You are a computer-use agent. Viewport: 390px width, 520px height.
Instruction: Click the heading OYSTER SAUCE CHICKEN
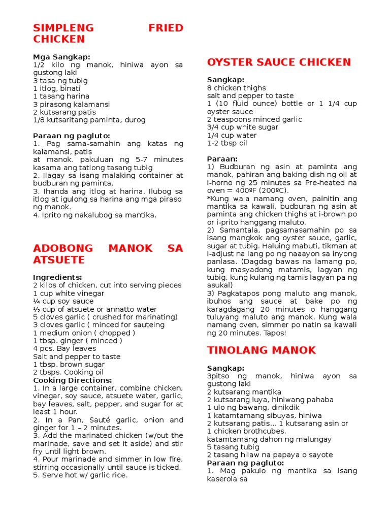279,62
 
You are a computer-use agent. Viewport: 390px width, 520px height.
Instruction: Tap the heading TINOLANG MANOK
261,350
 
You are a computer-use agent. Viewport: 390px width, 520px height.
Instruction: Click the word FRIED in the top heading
166,27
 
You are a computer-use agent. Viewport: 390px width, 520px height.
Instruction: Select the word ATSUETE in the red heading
59,260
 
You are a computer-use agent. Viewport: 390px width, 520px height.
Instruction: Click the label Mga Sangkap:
61,57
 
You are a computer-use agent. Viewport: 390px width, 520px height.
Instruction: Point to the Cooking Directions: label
73,380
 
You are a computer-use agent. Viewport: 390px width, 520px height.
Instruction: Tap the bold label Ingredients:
57,277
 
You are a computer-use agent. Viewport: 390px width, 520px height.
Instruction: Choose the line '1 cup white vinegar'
69,294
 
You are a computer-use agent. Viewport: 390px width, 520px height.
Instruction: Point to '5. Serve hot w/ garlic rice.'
80,475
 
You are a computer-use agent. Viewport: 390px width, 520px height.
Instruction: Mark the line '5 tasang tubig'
233,447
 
